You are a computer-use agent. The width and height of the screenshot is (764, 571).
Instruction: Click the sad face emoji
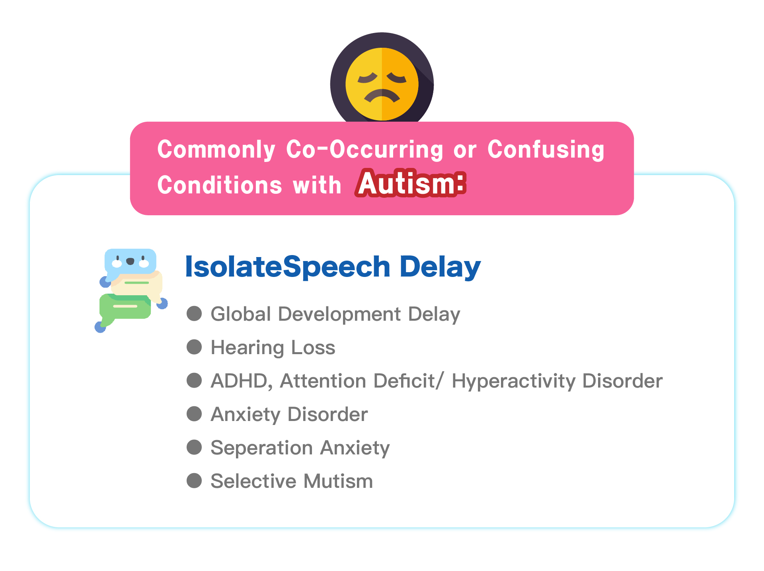pyautogui.click(x=382, y=84)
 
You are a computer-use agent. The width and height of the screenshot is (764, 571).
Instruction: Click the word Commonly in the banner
pyautogui.click(x=216, y=150)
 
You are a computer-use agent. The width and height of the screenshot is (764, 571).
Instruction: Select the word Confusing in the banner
pyautogui.click(x=546, y=150)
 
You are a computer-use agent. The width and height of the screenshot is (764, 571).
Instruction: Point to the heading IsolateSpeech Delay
pyautogui.click(x=333, y=267)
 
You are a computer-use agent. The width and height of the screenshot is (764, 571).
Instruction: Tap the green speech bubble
pyautogui.click(x=124, y=309)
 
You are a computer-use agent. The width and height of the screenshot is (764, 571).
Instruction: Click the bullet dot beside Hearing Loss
pyautogui.click(x=194, y=347)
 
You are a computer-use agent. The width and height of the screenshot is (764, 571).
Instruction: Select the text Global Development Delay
pyautogui.click(x=335, y=314)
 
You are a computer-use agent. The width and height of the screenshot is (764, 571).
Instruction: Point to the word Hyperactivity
pyautogui.click(x=513, y=382)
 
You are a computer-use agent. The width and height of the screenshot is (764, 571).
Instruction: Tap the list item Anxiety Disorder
pyautogui.click(x=289, y=415)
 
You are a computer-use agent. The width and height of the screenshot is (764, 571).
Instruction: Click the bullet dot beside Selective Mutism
pyautogui.click(x=194, y=480)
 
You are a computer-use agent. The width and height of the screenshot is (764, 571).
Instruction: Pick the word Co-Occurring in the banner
pyautogui.click(x=364, y=150)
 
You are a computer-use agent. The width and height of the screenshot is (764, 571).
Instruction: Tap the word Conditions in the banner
pyautogui.click(x=220, y=185)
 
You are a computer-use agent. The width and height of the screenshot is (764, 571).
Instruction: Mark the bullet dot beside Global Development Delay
pyautogui.click(x=194, y=313)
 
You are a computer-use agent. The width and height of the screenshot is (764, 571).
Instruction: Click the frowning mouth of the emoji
pyautogui.click(x=382, y=96)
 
